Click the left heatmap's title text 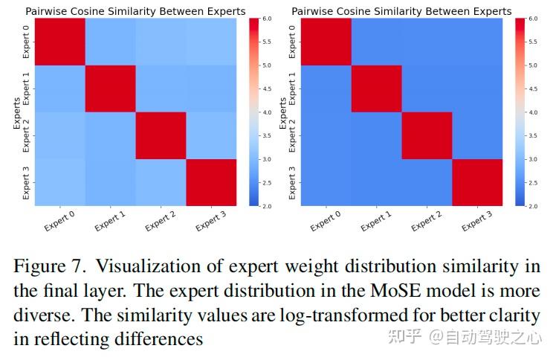click(x=135, y=11)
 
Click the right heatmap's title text click(x=401, y=11)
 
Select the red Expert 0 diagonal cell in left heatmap click(x=60, y=41)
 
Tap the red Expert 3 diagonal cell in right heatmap click(x=476, y=182)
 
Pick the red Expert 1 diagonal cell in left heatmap click(x=110, y=89)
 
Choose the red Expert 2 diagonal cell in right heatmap click(x=427, y=135)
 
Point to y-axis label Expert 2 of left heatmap click(x=27, y=135)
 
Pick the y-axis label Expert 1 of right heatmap click(x=292, y=89)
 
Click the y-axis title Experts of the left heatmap click(x=16, y=112)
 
